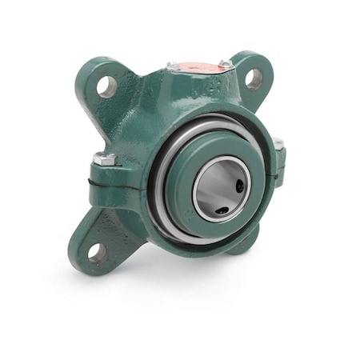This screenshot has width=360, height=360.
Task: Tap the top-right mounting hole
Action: point(253,78)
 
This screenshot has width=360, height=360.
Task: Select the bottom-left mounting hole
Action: point(96,252)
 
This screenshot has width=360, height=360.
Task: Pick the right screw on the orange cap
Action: point(226,63)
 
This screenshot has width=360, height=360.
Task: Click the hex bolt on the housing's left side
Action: point(103,158)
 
